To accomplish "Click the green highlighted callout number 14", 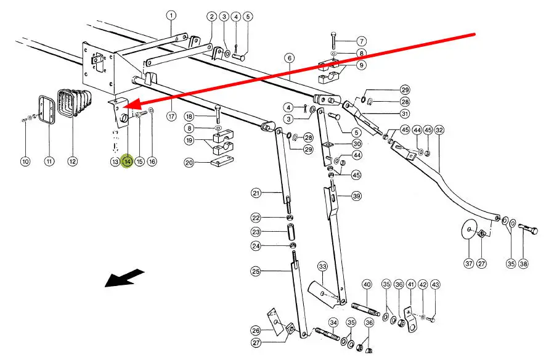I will (127, 162).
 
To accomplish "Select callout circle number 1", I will (171, 15).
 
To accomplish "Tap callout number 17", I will (171, 115).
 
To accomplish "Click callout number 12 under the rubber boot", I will (73, 162).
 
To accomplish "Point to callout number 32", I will (439, 130).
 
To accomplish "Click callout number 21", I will (256, 193).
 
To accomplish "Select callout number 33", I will (322, 266).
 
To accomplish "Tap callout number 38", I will (523, 263).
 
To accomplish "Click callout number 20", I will (189, 163).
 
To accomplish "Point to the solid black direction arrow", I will (124, 279).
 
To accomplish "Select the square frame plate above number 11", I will (44, 111).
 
